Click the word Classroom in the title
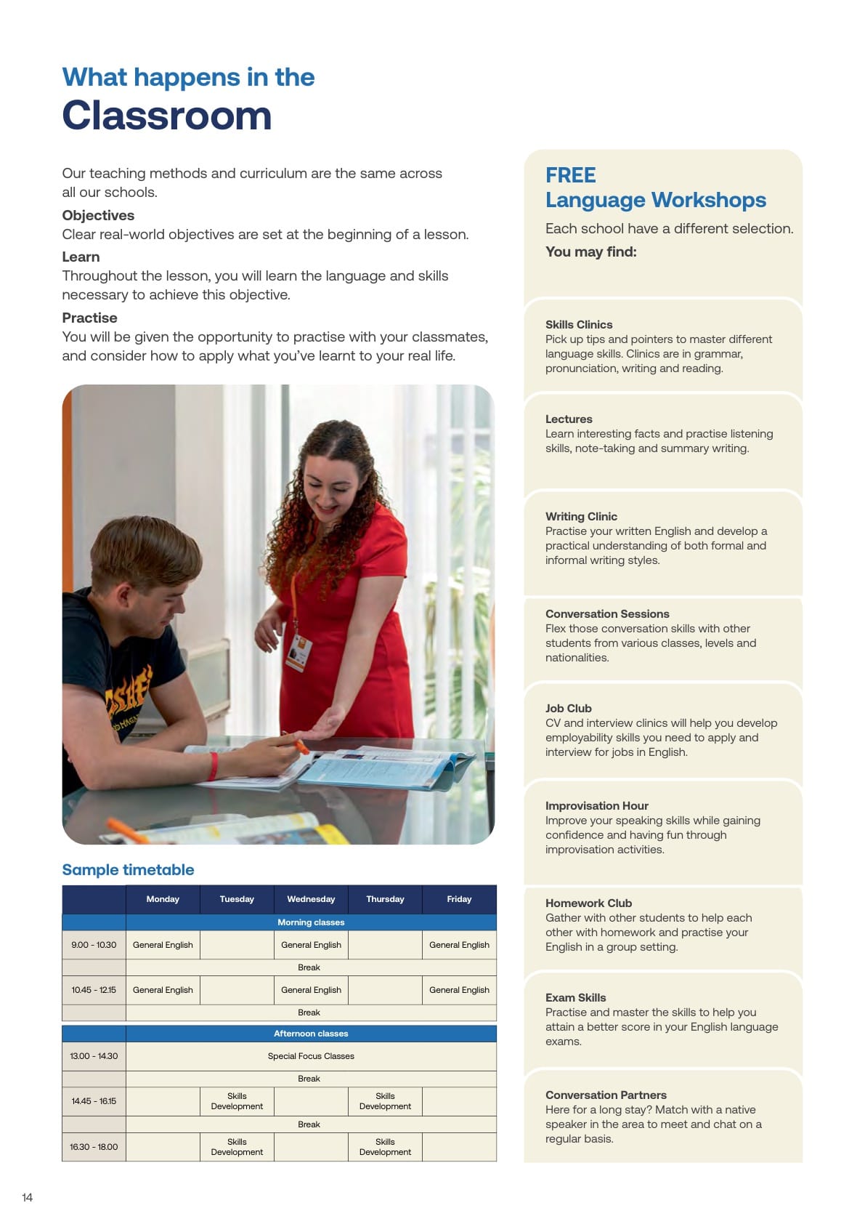[166, 116]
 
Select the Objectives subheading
[98, 215]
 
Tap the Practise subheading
[89, 318]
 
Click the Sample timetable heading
[128, 869]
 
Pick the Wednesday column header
[311, 899]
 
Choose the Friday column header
[459, 899]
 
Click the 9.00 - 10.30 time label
[94, 945]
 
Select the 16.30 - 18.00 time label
[94, 1147]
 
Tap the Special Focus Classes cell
[311, 1056]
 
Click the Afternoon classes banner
[311, 1034]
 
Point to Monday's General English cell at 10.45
[163, 990]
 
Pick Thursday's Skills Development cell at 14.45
[385, 1101]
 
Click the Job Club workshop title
[569, 708]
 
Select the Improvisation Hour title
[597, 805]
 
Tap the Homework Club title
[589, 903]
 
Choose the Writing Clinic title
[582, 516]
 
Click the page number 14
[28, 1197]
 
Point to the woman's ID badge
[299, 653]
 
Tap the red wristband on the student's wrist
[214, 765]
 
